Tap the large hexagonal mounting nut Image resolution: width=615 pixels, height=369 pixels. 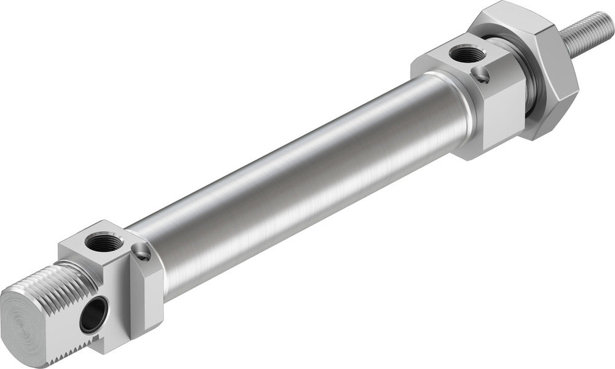(541, 74)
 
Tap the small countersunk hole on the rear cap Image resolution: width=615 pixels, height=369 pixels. (142, 251)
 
